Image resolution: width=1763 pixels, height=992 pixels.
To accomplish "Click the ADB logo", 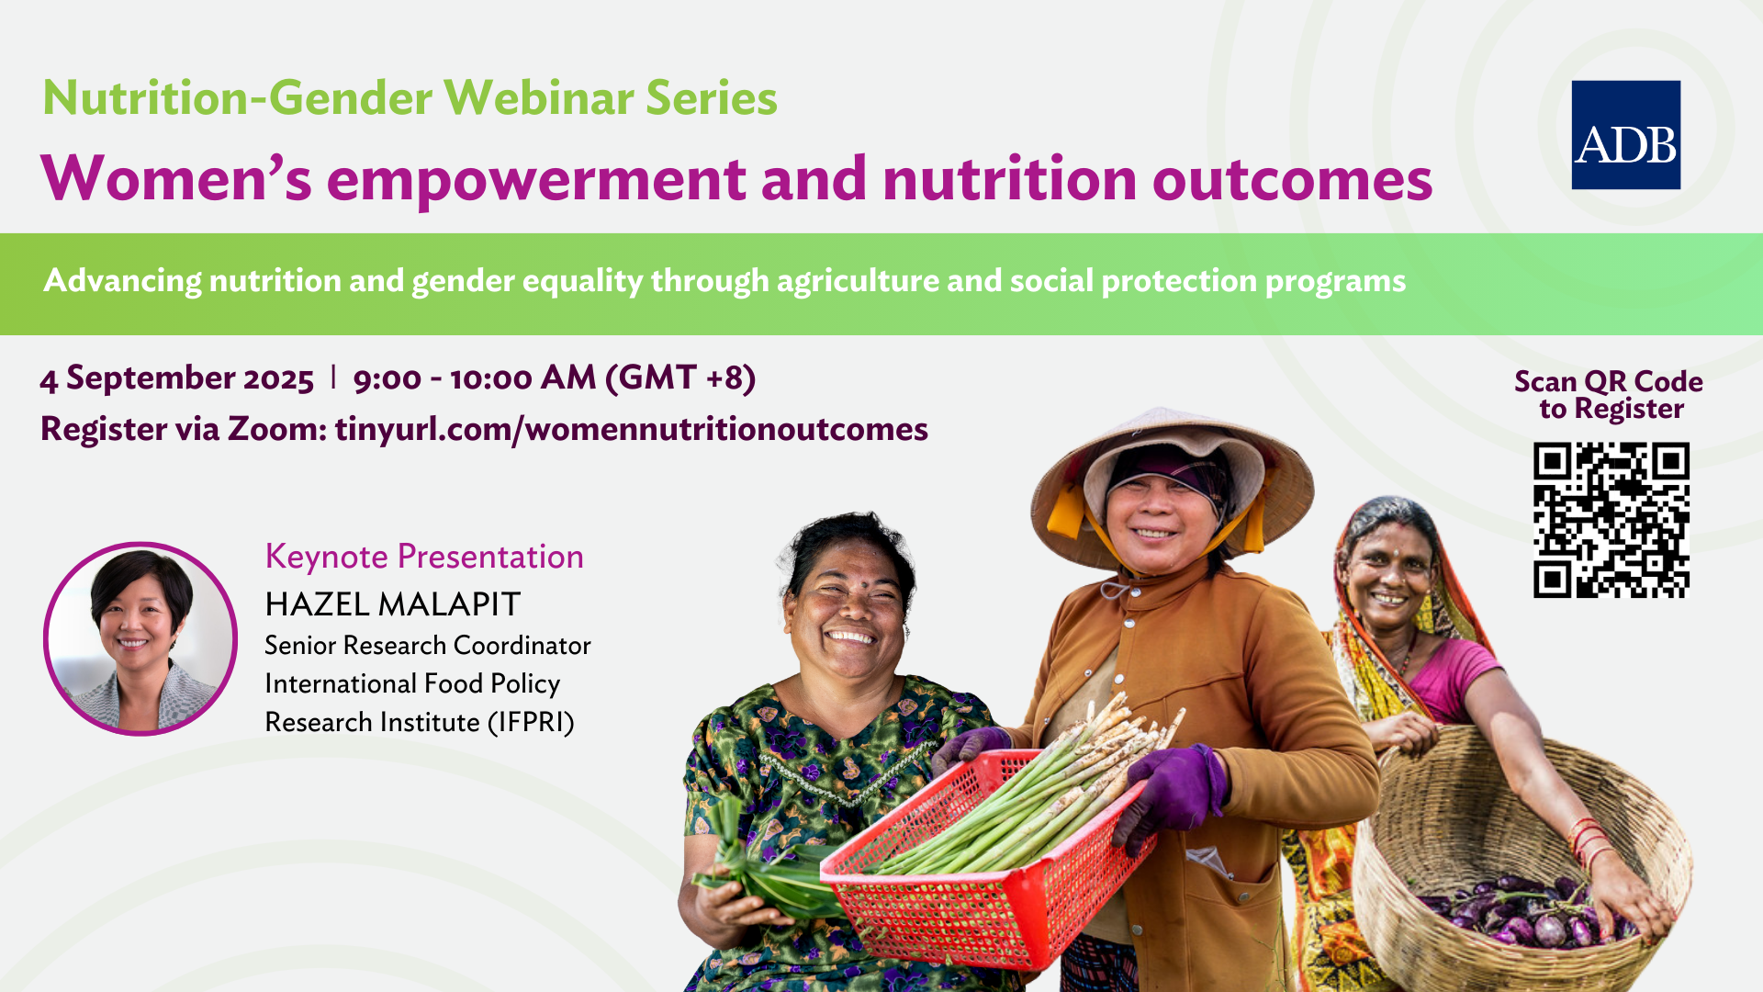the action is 1625,135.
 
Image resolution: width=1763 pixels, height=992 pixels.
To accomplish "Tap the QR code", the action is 1611,520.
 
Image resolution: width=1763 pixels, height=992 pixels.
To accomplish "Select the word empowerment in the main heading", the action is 536,180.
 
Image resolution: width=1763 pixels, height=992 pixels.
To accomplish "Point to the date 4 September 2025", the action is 177,378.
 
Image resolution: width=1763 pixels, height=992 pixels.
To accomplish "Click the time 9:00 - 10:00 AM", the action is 475,378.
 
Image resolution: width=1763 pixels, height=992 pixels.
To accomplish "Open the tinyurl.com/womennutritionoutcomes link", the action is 632,429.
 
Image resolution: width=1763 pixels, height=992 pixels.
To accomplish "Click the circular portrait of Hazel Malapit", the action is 140,638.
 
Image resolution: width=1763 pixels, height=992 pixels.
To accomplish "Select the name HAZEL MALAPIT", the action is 393,604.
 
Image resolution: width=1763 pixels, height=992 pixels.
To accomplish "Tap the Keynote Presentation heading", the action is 424,557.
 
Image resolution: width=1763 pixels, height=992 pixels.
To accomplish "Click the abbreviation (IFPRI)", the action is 531,723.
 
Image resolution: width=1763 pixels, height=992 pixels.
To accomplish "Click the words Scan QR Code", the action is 1609,382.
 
